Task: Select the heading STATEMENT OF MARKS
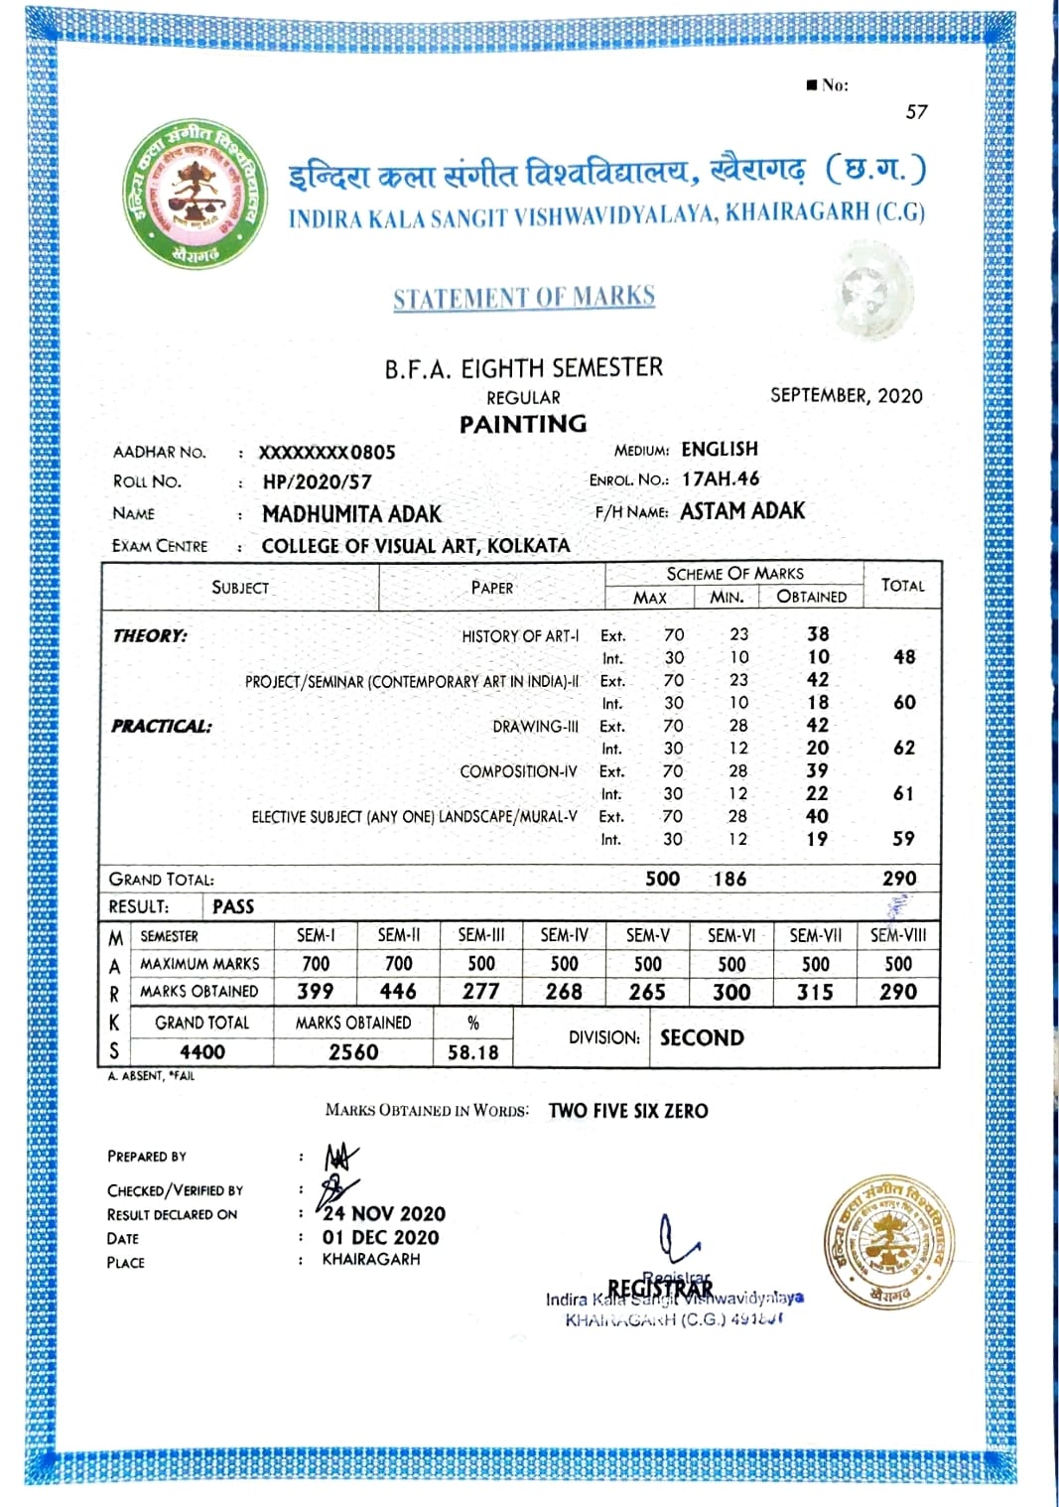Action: point(524,297)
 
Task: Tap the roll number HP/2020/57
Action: point(317,482)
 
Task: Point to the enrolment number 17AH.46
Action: point(721,479)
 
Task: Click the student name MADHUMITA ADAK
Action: point(351,514)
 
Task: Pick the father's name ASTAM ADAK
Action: point(742,511)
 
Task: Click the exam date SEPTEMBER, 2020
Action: point(846,395)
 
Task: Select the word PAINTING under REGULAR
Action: point(523,424)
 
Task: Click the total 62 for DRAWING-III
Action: point(903,748)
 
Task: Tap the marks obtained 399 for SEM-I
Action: point(316,991)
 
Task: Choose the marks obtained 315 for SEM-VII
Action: point(815,992)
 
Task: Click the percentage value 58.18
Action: point(473,1052)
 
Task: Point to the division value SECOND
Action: point(702,1037)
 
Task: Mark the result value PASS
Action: point(233,906)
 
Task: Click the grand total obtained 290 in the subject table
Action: point(899,879)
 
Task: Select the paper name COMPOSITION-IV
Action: point(518,771)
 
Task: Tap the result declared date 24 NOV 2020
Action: point(384,1213)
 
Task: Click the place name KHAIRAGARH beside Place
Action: point(371,1259)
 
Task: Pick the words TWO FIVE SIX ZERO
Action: point(628,1111)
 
